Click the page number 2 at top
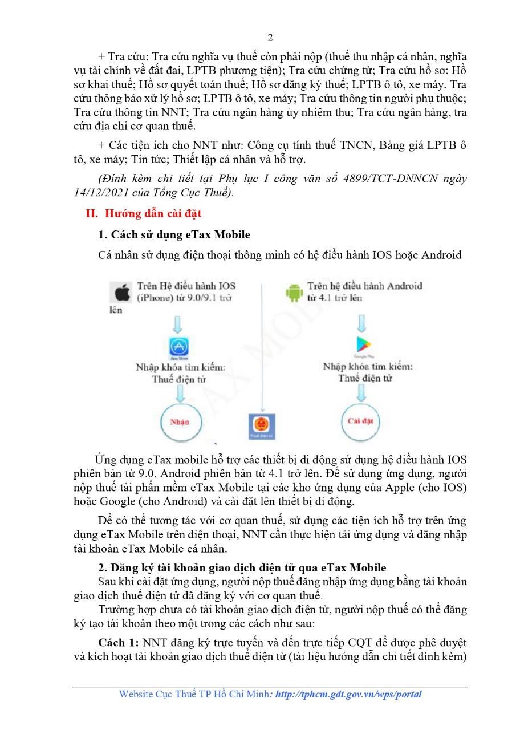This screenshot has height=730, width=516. click(x=270, y=38)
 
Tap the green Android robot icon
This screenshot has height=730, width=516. click(x=293, y=293)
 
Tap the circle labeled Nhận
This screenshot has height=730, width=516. click(x=180, y=423)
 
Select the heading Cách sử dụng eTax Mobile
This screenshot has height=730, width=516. click(x=174, y=234)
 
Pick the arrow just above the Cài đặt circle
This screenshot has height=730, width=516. click(x=361, y=392)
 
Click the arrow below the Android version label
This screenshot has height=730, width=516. click(x=361, y=324)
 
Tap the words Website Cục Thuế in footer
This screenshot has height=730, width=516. click(x=155, y=694)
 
